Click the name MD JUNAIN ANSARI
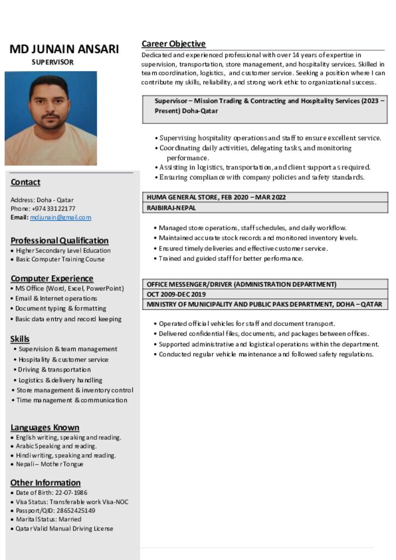[x=64, y=49]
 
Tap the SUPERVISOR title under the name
[x=52, y=62]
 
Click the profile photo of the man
[x=51, y=118]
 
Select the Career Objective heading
[x=174, y=44]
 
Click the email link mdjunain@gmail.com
[x=61, y=218]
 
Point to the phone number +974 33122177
[x=53, y=209]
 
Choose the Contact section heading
[x=26, y=182]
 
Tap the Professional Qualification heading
[x=60, y=241]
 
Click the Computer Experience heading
[x=52, y=278]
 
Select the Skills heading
[x=20, y=339]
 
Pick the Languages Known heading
[x=45, y=428]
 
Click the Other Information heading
[x=45, y=483]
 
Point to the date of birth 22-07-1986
[x=71, y=493]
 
